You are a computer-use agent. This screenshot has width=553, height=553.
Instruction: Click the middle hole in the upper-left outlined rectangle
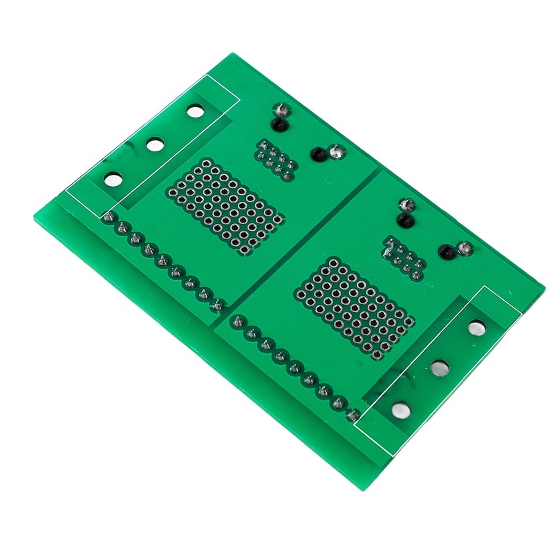(x=155, y=144)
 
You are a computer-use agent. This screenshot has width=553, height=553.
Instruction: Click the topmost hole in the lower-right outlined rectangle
(x=477, y=328)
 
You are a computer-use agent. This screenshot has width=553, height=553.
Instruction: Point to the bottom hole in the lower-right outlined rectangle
(x=400, y=411)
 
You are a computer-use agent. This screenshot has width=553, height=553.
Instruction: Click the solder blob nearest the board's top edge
(x=281, y=111)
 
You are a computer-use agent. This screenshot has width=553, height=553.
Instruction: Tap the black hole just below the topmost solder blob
(x=278, y=125)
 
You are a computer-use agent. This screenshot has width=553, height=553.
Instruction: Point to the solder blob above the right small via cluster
(x=406, y=205)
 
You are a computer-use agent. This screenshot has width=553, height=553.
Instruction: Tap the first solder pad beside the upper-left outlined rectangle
(x=108, y=218)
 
